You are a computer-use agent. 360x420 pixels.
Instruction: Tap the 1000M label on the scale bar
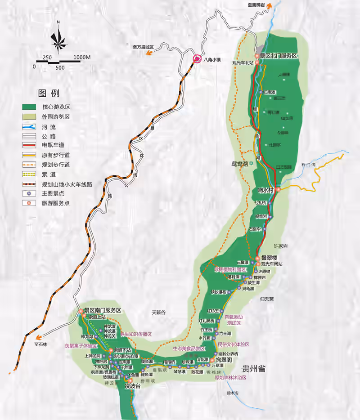pos(82,57)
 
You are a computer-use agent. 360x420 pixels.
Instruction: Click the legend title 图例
pos(49,93)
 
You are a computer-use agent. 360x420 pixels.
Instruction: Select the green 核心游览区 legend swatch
pos(29,107)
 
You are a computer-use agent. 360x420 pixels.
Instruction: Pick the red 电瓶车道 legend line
pos(29,145)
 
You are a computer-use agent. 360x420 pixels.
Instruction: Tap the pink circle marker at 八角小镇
pos(197,58)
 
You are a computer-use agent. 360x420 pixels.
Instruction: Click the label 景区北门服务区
pos(279,56)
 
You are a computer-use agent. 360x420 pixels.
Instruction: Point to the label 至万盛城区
pos(143,47)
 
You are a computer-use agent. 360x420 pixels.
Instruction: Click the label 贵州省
pos(254,369)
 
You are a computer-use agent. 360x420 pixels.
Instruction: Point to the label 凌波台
pos(133,386)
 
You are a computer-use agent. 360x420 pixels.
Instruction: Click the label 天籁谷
pos(159,312)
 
